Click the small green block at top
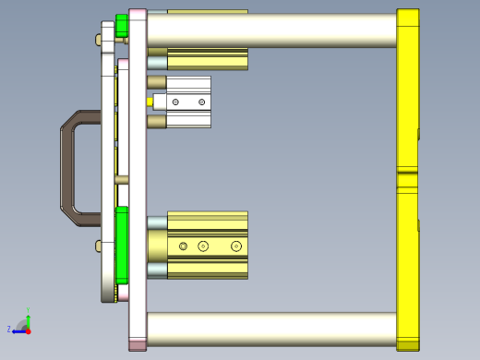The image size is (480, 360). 122,26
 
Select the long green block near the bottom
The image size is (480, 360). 122,246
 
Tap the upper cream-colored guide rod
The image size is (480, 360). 271,30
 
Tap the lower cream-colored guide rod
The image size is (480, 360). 271,329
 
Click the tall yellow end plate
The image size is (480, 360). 407,92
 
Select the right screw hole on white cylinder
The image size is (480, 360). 202,102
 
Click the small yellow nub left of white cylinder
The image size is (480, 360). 150,102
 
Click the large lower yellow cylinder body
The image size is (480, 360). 208,246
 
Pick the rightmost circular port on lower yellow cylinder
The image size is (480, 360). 236,246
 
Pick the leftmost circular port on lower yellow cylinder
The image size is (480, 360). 184,246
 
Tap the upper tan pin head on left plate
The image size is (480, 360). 99,40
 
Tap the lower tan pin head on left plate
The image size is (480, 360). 99,246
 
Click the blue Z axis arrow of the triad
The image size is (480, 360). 16,330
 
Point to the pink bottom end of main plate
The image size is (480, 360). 138,345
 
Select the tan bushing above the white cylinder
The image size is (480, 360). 157,82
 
